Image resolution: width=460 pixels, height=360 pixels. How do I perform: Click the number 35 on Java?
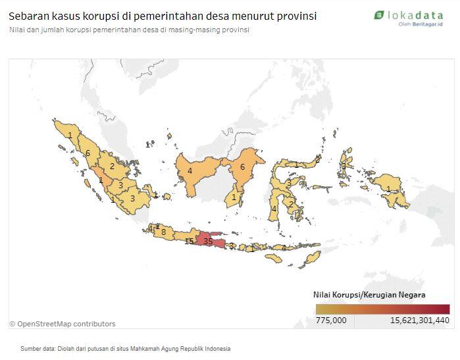(x=208, y=242)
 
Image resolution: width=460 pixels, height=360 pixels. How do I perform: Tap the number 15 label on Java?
(x=189, y=242)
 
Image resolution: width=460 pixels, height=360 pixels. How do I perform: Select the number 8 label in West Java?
(x=163, y=232)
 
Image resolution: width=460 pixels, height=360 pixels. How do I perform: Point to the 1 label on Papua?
(x=389, y=190)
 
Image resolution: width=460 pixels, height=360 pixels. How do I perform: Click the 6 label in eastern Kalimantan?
(x=242, y=167)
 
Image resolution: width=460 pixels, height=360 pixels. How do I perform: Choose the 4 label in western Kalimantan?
(x=190, y=171)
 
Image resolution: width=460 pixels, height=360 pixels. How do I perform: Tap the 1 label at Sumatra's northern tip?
(x=70, y=135)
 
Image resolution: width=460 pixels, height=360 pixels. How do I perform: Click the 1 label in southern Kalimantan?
(x=234, y=196)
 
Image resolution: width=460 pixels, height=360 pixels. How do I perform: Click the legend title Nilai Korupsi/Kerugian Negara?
(x=369, y=294)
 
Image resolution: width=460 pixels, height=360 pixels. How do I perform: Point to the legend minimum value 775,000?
(x=331, y=320)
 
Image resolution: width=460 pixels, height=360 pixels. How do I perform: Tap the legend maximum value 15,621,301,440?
(x=419, y=320)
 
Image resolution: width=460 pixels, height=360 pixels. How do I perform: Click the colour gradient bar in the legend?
(x=382, y=309)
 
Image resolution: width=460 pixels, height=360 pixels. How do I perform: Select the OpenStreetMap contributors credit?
(x=63, y=324)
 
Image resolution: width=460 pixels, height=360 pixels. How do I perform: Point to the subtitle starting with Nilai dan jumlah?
(x=129, y=30)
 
